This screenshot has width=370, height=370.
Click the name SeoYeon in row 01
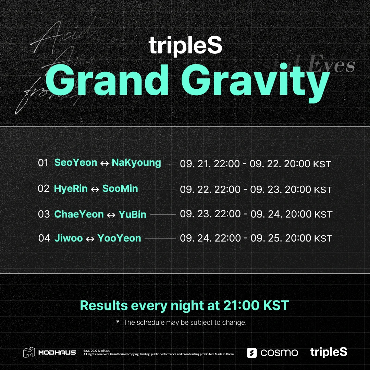(76, 162)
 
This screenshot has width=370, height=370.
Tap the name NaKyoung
(136, 163)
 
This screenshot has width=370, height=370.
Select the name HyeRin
(71, 188)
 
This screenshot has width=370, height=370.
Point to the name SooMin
(120, 188)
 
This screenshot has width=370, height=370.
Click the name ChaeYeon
(79, 214)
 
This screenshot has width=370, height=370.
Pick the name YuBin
(132, 214)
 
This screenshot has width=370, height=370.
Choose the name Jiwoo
(69, 238)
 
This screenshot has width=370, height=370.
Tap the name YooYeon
(119, 238)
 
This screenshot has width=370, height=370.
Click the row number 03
(44, 214)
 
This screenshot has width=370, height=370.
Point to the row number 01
(43, 163)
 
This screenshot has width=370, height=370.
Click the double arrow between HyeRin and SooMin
(95, 189)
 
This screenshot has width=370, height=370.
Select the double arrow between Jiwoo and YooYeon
(90, 239)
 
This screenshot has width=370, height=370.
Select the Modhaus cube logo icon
(29, 353)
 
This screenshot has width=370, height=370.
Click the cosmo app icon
(252, 353)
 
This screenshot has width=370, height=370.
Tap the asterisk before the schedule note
(118, 322)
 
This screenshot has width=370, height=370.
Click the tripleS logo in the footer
(329, 352)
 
